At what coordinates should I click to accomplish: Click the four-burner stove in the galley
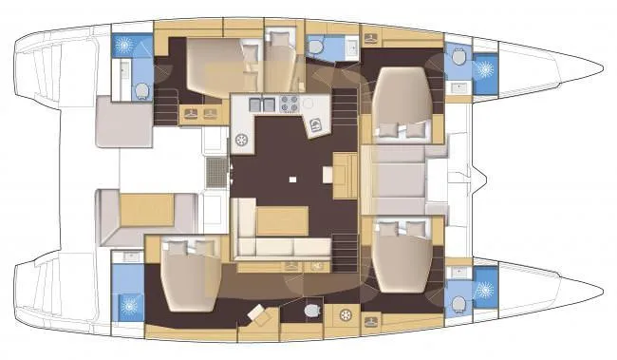289,104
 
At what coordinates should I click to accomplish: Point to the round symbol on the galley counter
242,141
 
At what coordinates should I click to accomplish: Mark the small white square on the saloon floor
293,178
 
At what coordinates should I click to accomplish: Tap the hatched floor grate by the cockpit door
217,173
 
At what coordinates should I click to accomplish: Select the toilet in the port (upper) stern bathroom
142,90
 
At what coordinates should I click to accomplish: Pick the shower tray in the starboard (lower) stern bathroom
126,306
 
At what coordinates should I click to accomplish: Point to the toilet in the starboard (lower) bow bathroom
458,304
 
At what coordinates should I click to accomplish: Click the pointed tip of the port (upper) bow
600,67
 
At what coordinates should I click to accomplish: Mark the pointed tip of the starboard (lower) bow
600,292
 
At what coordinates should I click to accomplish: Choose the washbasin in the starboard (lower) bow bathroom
458,273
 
